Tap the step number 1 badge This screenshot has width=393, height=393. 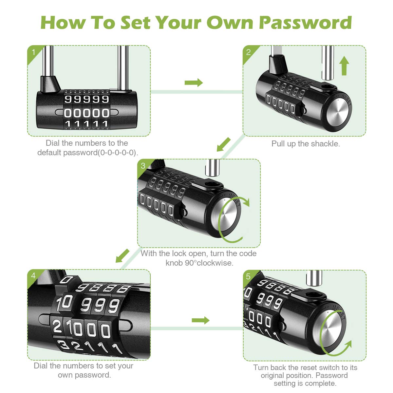(x=33, y=52)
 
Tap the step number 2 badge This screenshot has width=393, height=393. (x=249, y=52)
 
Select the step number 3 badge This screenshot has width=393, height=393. (x=143, y=166)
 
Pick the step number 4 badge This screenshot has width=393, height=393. (x=33, y=276)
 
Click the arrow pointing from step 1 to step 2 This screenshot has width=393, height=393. (x=194, y=83)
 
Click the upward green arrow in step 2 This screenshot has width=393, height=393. (x=344, y=65)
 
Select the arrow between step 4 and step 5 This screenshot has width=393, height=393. (x=200, y=320)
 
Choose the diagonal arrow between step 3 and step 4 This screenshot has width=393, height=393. (x=123, y=255)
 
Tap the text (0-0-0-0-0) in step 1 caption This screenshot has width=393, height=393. (x=117, y=153)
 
